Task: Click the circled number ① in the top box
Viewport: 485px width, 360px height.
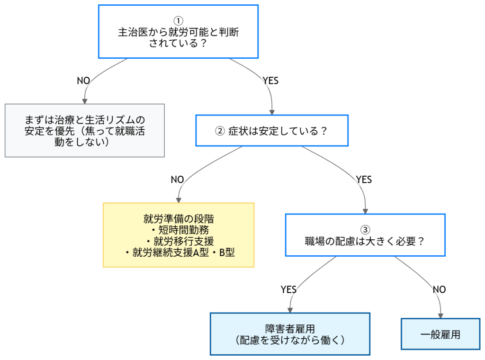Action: point(178,21)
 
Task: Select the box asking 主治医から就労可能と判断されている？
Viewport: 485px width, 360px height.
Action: point(178,32)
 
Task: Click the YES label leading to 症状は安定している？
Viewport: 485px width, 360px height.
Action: point(270,81)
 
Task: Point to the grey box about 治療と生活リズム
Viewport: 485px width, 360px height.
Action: point(85,130)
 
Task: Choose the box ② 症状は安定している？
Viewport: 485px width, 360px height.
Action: point(272,130)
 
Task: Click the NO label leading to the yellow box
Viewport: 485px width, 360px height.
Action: point(177,180)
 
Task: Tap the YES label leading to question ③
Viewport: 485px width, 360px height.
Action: point(364,180)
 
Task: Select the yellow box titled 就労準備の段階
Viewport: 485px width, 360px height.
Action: point(179,235)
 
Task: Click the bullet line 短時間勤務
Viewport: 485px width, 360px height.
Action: point(179,230)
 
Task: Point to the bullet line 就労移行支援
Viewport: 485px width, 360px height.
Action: point(179,242)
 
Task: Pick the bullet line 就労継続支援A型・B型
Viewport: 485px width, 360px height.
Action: point(179,253)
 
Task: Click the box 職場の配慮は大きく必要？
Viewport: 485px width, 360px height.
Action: point(365,235)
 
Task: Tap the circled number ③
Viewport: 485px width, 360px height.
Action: point(365,230)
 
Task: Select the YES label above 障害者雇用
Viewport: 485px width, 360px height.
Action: point(288,289)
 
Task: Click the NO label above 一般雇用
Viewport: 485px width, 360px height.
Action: point(439,289)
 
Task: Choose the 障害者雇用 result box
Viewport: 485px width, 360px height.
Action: point(290,334)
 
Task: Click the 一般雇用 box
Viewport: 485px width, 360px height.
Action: point(440,334)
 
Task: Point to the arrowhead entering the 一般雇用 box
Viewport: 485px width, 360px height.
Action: point(441,315)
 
